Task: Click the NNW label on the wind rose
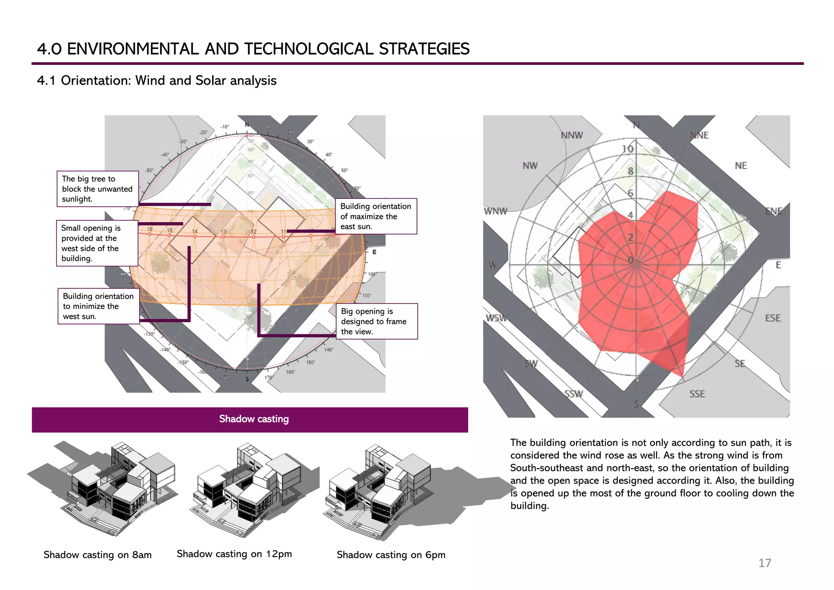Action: [x=572, y=135]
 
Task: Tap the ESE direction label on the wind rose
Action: [x=773, y=318]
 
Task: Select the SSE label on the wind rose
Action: [x=697, y=394]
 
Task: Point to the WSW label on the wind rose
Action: [x=496, y=318]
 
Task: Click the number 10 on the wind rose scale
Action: [x=628, y=149]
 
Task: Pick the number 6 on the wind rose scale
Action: [x=630, y=193]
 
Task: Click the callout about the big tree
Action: [x=97, y=189]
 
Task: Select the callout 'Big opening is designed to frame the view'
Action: [x=376, y=321]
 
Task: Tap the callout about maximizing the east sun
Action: [x=375, y=216]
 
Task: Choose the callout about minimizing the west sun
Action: [x=98, y=306]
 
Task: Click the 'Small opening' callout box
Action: [x=97, y=243]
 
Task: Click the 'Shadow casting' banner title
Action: [x=254, y=419]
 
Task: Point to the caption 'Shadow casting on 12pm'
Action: [x=234, y=554]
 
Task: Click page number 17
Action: [x=764, y=563]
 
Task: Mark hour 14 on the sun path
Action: [x=195, y=231]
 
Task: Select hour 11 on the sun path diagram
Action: [x=283, y=232]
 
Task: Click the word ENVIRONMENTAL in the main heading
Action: [x=133, y=49]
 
